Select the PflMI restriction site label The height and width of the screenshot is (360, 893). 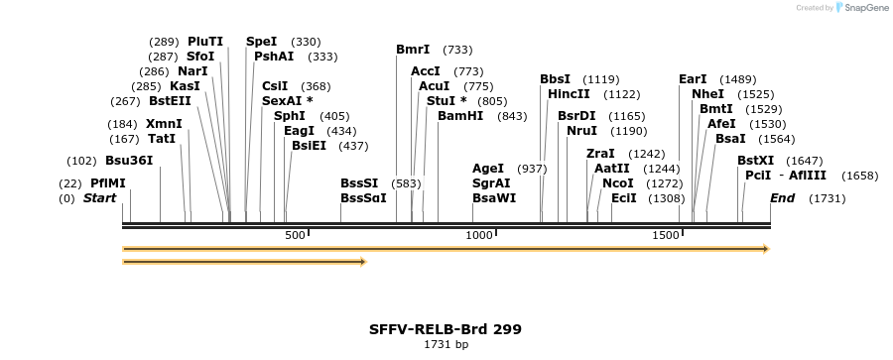click(108, 182)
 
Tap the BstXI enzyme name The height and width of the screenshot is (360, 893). click(756, 160)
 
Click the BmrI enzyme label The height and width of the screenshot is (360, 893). click(413, 49)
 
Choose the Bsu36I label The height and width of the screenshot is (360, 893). click(129, 160)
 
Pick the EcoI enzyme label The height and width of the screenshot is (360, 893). click(624, 198)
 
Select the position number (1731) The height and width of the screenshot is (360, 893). click(827, 198)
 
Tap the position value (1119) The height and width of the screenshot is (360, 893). click(601, 78)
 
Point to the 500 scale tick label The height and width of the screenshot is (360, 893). click(295, 235)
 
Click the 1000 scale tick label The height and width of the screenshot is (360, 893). click(479, 235)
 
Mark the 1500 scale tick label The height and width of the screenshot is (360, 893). click(665, 235)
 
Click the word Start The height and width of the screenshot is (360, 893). click(99, 198)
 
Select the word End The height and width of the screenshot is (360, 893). click(783, 198)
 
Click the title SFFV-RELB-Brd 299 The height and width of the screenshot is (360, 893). click(446, 328)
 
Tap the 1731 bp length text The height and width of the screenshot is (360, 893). click(446, 345)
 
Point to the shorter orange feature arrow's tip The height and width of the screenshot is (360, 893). click(364, 262)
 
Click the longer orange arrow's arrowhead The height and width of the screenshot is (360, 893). click(766, 249)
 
